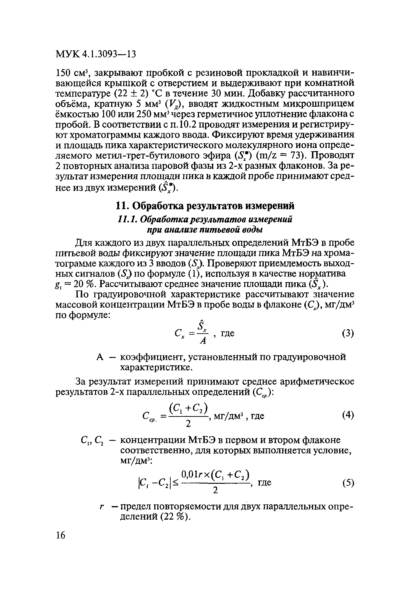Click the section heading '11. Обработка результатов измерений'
tap(205, 206)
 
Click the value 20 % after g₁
tap(81, 284)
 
